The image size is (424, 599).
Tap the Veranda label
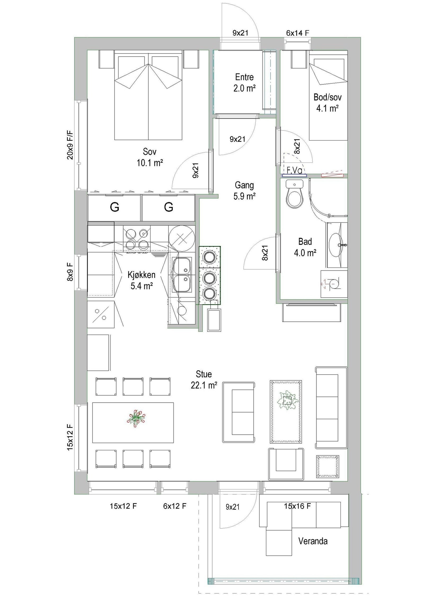click(x=313, y=541)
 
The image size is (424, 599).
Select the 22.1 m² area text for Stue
click(x=204, y=385)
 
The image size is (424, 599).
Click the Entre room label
click(x=244, y=77)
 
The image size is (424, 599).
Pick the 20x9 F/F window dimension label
click(x=70, y=144)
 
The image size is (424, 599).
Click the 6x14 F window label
click(x=298, y=33)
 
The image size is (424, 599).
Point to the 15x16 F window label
click(x=297, y=506)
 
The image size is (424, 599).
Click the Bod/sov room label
click(x=328, y=97)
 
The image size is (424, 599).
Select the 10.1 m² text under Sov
click(x=149, y=163)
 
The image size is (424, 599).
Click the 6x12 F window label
click(x=175, y=506)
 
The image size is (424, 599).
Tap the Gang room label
click(x=244, y=185)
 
